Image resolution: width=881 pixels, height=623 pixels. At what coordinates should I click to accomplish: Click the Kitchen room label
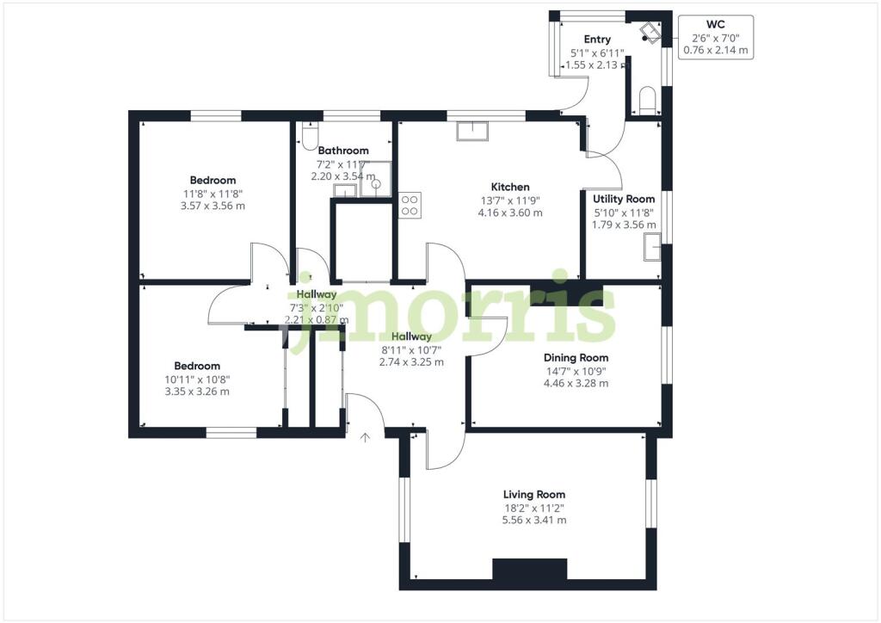510,187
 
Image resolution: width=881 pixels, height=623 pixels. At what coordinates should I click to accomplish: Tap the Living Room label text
534,494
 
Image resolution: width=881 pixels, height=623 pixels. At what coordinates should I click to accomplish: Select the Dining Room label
576,358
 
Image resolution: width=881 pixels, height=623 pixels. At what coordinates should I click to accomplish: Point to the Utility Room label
624,199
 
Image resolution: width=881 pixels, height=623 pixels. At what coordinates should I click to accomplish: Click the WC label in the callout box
715,25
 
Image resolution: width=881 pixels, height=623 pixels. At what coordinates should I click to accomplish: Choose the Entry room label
597,40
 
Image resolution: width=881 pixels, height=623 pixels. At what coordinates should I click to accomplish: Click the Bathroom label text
343,151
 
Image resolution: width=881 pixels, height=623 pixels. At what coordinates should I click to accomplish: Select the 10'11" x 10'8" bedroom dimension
199,379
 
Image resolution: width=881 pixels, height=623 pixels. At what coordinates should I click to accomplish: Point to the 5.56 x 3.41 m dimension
534,520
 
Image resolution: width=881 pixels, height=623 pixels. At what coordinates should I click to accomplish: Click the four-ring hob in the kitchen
410,205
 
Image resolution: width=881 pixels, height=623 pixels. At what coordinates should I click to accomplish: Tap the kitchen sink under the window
471,131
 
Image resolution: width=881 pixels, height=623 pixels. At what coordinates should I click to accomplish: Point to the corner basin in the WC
650,34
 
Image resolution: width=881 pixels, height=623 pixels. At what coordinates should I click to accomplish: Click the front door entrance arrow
365,438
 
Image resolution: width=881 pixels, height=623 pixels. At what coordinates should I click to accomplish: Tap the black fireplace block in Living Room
529,569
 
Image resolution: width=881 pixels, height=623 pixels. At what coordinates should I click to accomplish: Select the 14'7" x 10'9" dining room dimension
576,371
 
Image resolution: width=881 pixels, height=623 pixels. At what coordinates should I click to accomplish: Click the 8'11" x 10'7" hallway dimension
411,349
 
